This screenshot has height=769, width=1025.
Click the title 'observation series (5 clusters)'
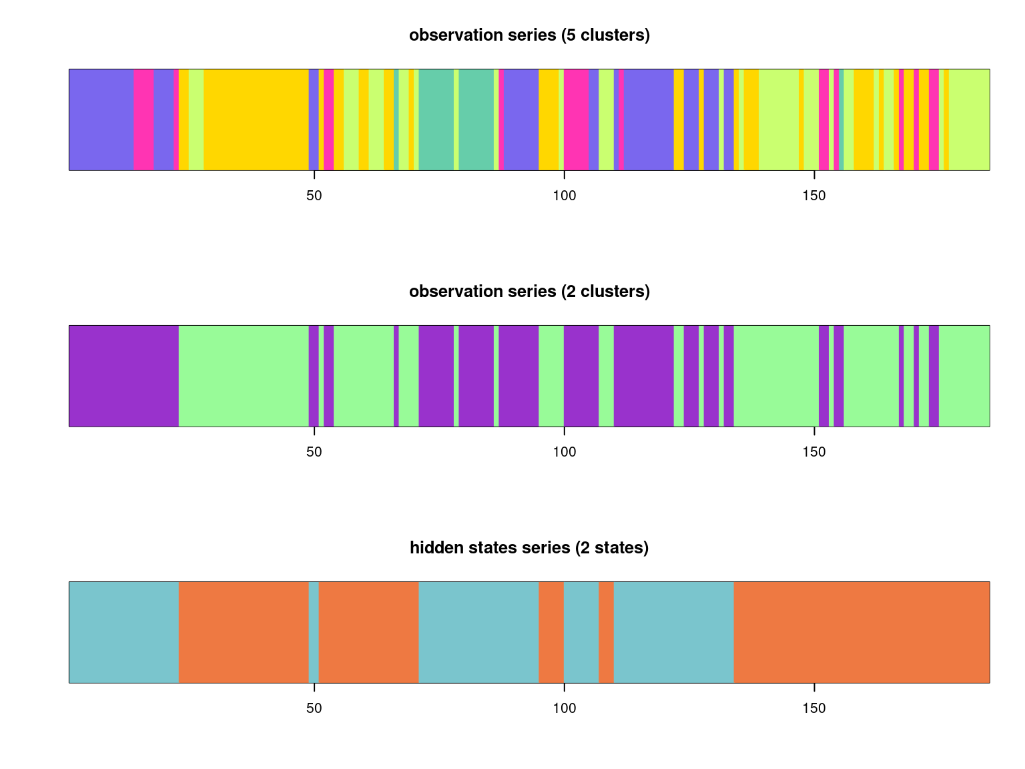(x=529, y=35)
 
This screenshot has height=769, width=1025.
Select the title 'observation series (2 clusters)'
(x=529, y=292)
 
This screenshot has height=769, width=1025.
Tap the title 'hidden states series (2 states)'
(x=529, y=548)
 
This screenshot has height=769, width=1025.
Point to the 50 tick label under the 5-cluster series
(x=314, y=196)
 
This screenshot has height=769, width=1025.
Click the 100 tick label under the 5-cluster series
(x=564, y=196)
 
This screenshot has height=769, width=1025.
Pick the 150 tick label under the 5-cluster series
(x=814, y=196)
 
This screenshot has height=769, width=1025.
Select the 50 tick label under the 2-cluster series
(x=314, y=452)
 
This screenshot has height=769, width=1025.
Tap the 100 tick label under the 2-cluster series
(x=564, y=452)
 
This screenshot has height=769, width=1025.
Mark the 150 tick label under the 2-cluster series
(x=814, y=452)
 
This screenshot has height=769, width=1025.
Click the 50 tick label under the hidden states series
(x=314, y=708)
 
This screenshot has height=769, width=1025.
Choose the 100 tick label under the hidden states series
(x=564, y=708)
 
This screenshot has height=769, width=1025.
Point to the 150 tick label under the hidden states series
(x=814, y=708)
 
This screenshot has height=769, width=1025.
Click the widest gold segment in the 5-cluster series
(x=256, y=119)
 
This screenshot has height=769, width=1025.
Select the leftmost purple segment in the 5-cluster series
(x=101, y=119)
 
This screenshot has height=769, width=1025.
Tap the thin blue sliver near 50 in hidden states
(x=314, y=632)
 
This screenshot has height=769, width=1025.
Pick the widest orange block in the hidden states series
(x=862, y=632)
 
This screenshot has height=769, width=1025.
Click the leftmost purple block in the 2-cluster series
(x=123, y=376)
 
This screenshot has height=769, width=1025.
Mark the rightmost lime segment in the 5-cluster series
(x=969, y=119)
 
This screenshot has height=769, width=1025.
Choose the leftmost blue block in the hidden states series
(x=123, y=632)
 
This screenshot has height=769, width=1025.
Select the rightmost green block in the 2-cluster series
(x=964, y=376)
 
